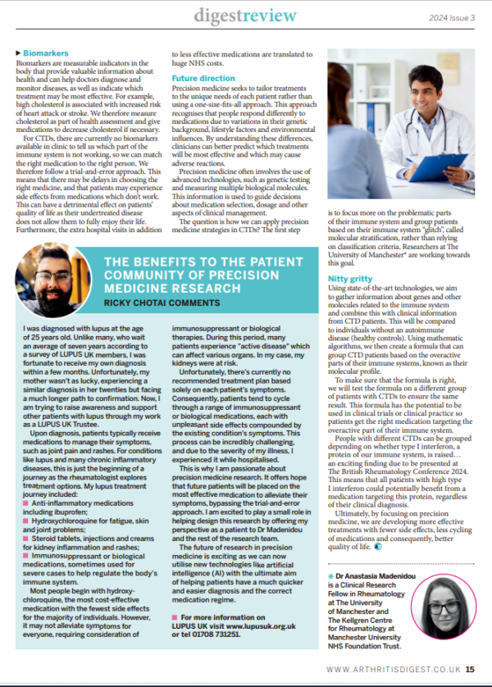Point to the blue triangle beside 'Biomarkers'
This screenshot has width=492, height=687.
(x=18, y=52)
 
